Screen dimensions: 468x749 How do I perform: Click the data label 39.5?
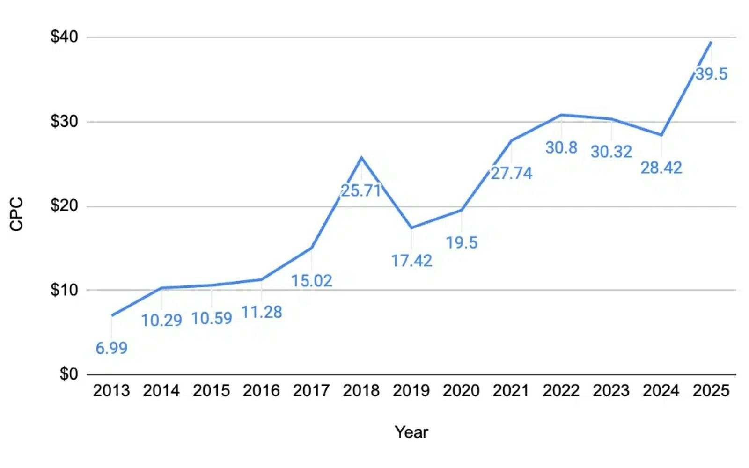click(711, 74)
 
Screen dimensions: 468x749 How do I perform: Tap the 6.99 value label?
click(111, 348)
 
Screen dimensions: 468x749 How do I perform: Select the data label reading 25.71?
click(361, 190)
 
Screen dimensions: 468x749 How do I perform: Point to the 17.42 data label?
click(411, 261)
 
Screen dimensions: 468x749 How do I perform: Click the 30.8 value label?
click(561, 148)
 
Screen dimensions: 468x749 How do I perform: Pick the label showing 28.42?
click(661, 168)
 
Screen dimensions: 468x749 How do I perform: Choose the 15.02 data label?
click(312, 281)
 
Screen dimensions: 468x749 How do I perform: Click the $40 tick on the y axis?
click(64, 37)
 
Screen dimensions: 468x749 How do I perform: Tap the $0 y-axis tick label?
click(69, 374)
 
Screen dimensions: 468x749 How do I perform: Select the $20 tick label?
click(64, 205)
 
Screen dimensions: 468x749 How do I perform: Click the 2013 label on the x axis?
click(111, 390)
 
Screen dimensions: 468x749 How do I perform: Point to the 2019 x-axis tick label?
click(411, 390)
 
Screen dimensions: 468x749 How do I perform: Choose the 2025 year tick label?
click(711, 390)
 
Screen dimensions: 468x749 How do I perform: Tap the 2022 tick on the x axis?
click(561, 390)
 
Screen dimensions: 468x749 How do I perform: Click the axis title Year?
click(411, 432)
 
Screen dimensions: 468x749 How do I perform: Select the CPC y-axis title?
click(16, 214)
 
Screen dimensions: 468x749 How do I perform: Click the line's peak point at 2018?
click(361, 158)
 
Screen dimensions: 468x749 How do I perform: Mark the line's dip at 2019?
click(411, 228)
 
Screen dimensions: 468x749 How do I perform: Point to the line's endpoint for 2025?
click(711, 42)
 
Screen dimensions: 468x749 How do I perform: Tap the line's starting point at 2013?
click(112, 315)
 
